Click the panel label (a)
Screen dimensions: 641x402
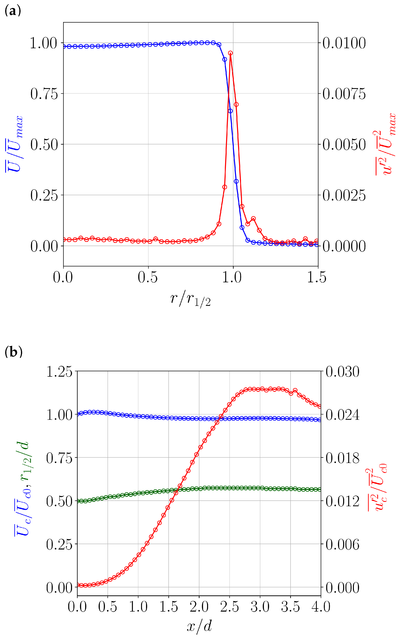pyautogui.click(x=13, y=11)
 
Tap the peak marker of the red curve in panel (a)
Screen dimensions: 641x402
pyautogui.click(x=230, y=53)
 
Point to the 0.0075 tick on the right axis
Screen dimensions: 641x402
pyautogui.click(x=344, y=94)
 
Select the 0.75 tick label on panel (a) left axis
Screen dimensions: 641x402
pyautogui.click(x=44, y=94)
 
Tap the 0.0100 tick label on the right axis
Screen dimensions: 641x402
pyautogui.click(x=344, y=43)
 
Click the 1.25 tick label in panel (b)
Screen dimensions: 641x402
pyautogui.click(x=59, y=372)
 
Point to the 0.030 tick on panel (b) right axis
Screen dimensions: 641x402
pyautogui.click(x=342, y=372)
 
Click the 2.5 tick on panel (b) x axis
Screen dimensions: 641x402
pyautogui.click(x=229, y=607)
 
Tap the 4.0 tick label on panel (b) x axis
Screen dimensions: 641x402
pyautogui.click(x=321, y=607)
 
